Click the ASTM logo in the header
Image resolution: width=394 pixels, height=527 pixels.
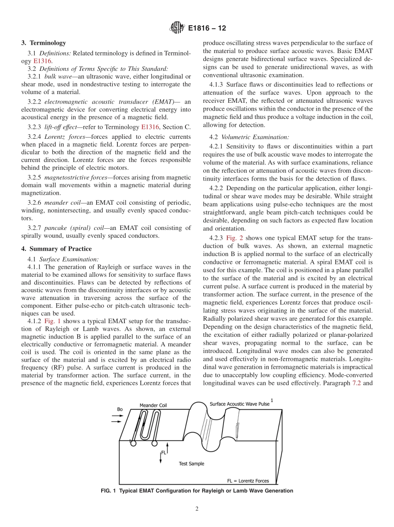[x=177, y=29]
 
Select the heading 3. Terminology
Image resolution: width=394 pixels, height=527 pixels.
[x=44, y=43]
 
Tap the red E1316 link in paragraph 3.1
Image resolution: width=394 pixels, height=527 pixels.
[x=42, y=60]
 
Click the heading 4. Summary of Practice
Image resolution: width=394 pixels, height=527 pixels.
[x=56, y=249]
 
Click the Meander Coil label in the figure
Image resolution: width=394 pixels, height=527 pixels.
[x=153, y=405]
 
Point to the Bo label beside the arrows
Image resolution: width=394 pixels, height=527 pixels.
[x=120, y=409]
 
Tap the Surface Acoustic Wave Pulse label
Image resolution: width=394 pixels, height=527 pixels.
[x=239, y=404]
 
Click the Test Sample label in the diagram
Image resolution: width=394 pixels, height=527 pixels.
[x=191, y=464]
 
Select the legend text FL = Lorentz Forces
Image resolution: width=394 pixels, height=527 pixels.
[x=248, y=481]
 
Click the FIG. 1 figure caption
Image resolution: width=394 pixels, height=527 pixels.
[x=197, y=491]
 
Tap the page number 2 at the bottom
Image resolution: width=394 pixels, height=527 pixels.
[x=197, y=509]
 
